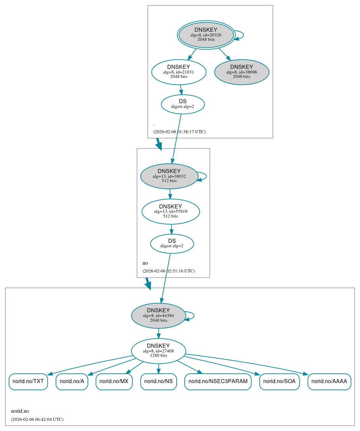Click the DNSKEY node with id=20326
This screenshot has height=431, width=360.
(206, 35)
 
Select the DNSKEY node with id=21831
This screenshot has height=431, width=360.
(179, 72)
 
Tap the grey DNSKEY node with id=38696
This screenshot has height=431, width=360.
(242, 72)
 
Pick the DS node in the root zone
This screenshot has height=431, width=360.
(183, 104)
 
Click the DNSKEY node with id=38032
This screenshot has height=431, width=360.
(169, 176)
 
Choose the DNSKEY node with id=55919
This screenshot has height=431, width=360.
(171, 211)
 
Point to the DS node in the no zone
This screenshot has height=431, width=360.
(172, 243)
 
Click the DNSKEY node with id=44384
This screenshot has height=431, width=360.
(158, 316)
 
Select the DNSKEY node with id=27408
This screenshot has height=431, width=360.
(158, 351)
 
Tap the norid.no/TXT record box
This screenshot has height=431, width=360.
(28, 381)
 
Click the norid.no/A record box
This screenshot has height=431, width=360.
(72, 381)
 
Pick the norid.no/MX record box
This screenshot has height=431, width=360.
(114, 381)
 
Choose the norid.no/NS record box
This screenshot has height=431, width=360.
(158, 381)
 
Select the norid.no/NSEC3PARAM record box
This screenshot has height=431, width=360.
(218, 381)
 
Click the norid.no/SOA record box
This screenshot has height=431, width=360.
(279, 381)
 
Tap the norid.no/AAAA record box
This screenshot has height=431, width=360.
(329, 381)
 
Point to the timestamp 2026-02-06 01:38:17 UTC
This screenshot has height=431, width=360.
(179, 132)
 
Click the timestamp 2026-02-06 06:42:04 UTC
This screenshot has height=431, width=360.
(37, 420)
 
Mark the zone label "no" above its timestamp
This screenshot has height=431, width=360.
(145, 263)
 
